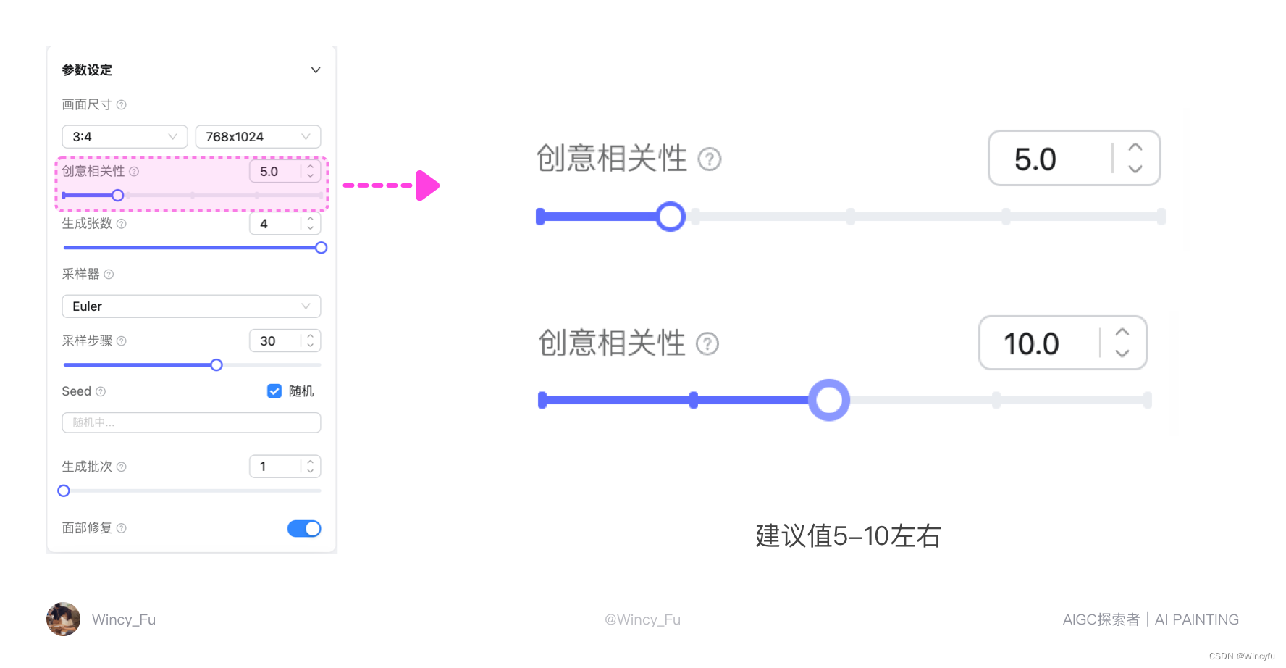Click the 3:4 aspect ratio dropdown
[x=125, y=136]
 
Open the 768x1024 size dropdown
[x=258, y=136]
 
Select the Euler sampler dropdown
[x=191, y=306]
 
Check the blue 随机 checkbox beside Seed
[x=274, y=391]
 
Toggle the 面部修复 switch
[x=304, y=529]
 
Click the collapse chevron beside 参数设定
[x=316, y=70]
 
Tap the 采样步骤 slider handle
[x=217, y=365]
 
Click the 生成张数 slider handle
[x=321, y=248]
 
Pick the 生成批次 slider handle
[x=64, y=491]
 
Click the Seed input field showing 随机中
[x=191, y=422]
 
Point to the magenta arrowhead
[x=428, y=185]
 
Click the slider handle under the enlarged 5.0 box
[x=671, y=217]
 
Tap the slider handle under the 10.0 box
[x=829, y=400]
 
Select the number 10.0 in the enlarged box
[x=1031, y=344]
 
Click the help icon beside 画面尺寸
[x=122, y=105]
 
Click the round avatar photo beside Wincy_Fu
[x=63, y=619]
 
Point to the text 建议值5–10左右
[x=848, y=536]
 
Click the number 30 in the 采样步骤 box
[x=268, y=341]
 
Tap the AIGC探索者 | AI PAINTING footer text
[x=1151, y=619]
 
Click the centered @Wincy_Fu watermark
[x=642, y=619]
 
